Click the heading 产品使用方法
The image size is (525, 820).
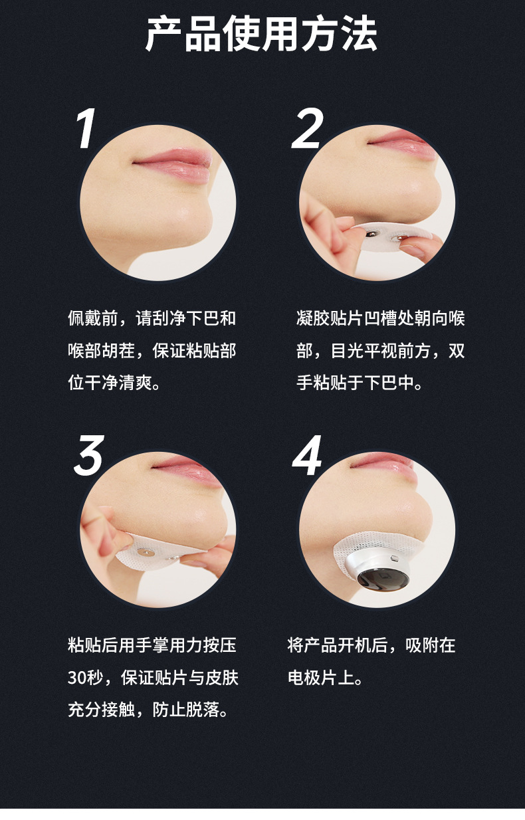(261, 35)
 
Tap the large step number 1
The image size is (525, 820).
(86, 128)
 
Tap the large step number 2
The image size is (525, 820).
(308, 128)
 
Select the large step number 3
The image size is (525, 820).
(89, 455)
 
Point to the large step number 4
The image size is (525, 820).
(307, 455)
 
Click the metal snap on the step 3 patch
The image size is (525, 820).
(143, 552)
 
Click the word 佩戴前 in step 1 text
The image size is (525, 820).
(93, 318)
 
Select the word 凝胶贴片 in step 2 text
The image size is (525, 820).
(330, 318)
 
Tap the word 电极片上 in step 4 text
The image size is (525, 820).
(321, 678)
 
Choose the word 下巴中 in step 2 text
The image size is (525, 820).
(389, 383)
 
